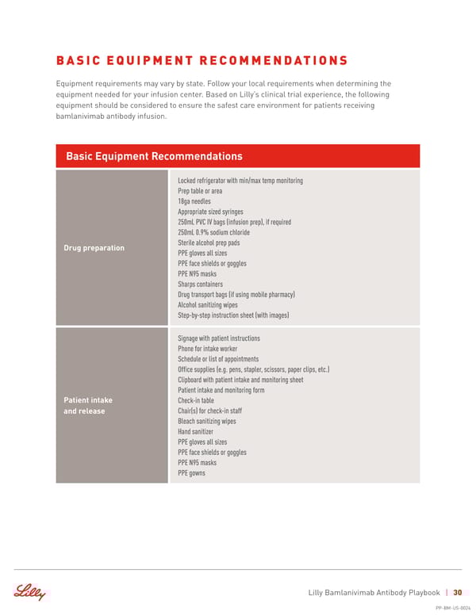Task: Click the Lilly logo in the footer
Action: [x=29, y=593]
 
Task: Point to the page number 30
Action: [x=458, y=593]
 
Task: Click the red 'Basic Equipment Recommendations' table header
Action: [x=155, y=156]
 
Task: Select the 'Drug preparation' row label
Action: [x=94, y=248]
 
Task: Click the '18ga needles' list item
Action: [x=194, y=201]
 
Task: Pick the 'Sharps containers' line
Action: [x=200, y=284]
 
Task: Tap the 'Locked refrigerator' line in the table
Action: [x=240, y=181]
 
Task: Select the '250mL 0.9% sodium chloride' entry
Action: [x=213, y=232]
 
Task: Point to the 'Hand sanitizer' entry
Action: [x=196, y=432]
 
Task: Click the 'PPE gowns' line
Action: [x=191, y=473]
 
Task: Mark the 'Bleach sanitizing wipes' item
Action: [x=206, y=422]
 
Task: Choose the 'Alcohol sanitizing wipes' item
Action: [x=207, y=304]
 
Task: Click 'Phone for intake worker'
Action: [x=207, y=349]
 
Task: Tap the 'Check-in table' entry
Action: [x=196, y=401]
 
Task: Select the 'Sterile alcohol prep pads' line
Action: [x=209, y=243]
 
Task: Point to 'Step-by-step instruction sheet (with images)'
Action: [x=233, y=315]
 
